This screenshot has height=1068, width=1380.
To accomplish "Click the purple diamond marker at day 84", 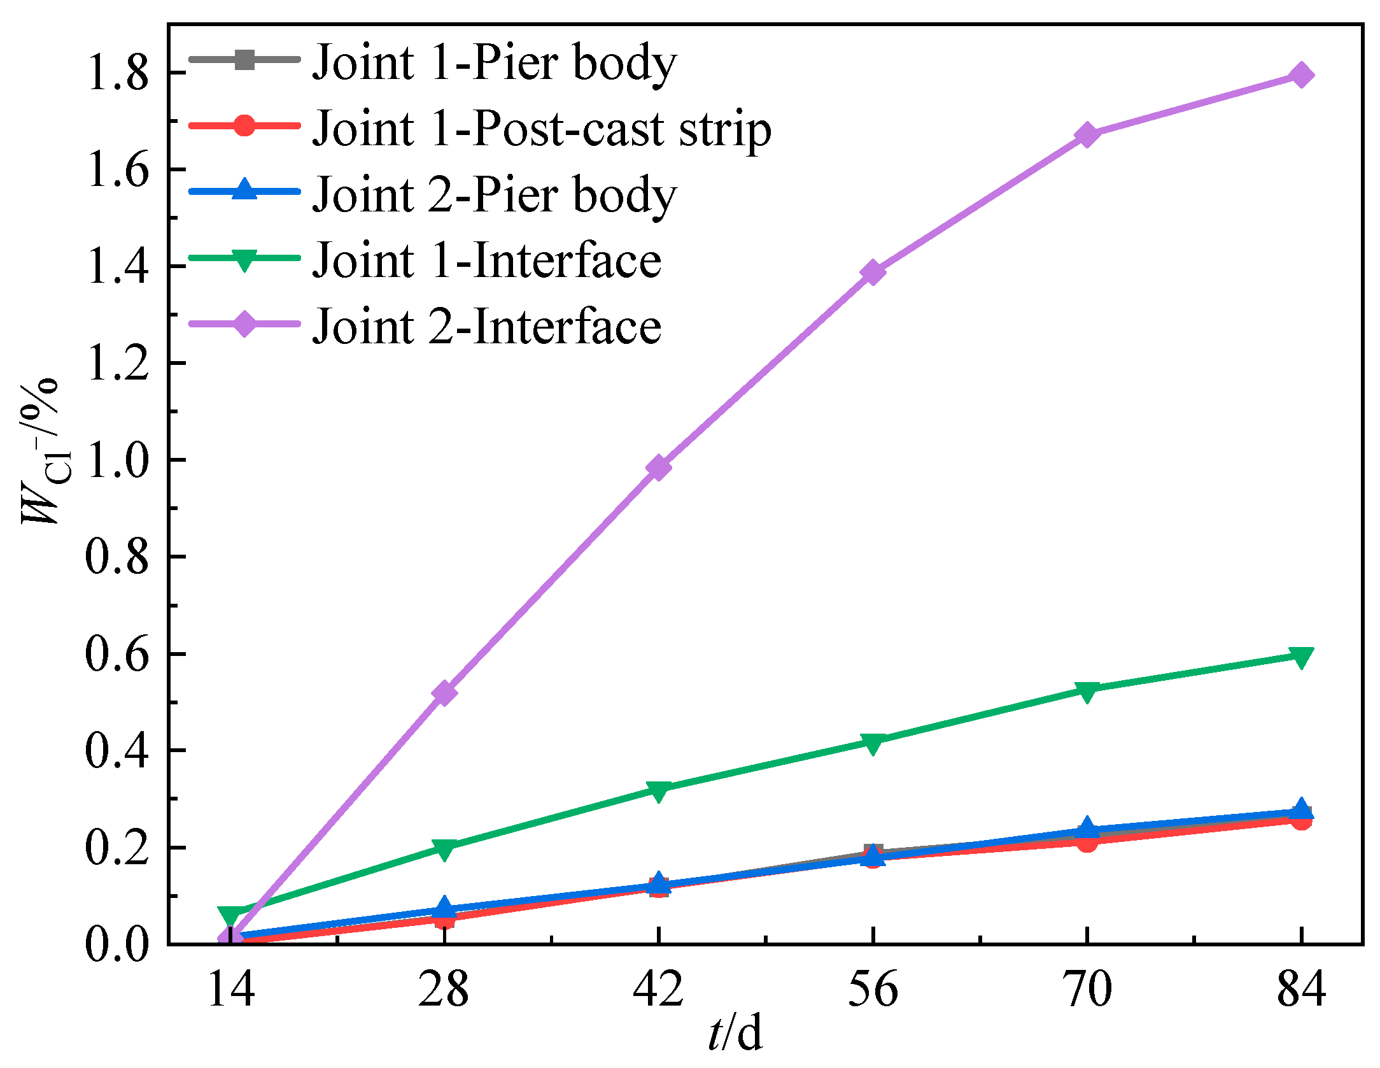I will click(1301, 75).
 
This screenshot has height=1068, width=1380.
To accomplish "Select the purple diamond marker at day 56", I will click(873, 273).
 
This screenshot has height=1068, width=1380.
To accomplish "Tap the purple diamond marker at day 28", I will click(444, 693).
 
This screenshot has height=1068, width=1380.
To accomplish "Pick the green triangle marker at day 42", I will click(658, 791).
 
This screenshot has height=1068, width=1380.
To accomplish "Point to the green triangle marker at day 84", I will click(1301, 657).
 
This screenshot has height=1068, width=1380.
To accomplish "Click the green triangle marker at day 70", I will click(1087, 691).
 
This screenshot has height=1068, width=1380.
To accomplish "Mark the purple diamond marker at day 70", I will click(1087, 135).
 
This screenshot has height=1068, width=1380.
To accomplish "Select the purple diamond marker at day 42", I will click(658, 468).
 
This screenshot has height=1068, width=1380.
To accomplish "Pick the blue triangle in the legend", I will click(244, 190).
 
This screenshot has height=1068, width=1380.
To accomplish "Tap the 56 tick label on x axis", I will click(873, 990).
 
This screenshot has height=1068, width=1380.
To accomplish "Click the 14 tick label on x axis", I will click(231, 990).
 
